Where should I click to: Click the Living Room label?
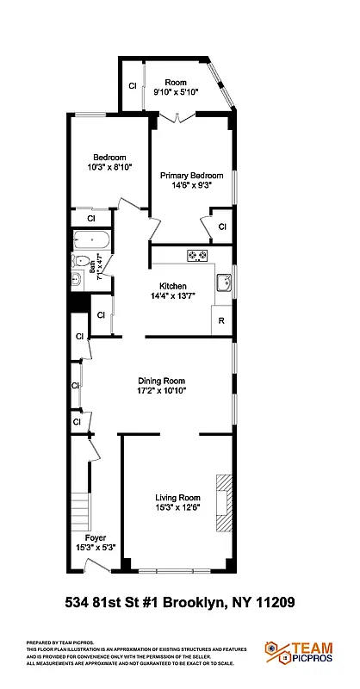tap(177, 497)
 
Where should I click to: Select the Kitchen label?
tap(173, 286)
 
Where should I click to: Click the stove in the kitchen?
tap(198, 255)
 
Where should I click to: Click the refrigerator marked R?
tap(221, 320)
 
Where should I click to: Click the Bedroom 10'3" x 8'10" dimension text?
tap(110, 168)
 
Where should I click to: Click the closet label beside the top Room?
tap(133, 86)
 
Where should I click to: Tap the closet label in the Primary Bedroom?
tap(221, 227)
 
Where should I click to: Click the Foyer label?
tap(96, 538)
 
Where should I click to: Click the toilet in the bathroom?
tap(80, 262)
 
